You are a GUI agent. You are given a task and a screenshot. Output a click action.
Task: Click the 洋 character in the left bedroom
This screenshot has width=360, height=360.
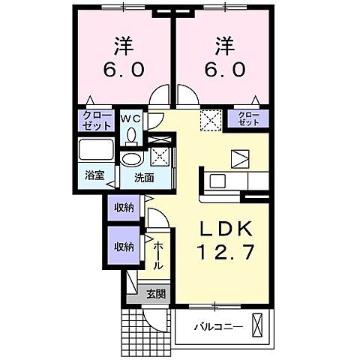[123, 46]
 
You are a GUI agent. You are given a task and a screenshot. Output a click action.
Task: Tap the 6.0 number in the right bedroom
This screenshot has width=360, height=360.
[222, 69]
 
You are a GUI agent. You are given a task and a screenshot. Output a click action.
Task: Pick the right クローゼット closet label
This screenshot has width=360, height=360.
[249, 118]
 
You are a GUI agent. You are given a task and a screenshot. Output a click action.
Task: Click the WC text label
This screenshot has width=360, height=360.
[131, 118]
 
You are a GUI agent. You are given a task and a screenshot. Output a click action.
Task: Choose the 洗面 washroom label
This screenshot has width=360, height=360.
[144, 178]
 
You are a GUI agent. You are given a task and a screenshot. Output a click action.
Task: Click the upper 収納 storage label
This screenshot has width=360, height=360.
[124, 208]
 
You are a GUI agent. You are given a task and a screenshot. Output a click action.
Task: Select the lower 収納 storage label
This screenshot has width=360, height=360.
[124, 247]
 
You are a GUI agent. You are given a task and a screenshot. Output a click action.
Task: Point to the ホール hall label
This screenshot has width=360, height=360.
[158, 256]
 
